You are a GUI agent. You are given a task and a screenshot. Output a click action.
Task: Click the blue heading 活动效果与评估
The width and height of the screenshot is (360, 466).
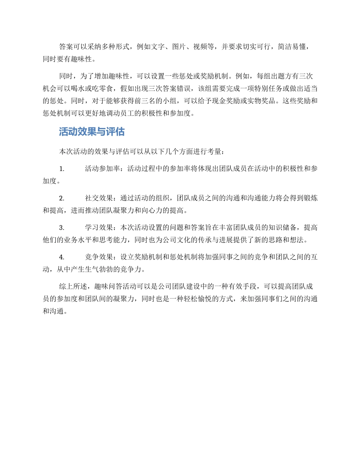(92, 132)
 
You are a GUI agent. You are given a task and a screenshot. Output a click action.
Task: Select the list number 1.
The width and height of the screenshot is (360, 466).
(62, 169)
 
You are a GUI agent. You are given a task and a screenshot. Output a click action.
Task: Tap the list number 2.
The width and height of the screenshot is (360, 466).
(62, 198)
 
